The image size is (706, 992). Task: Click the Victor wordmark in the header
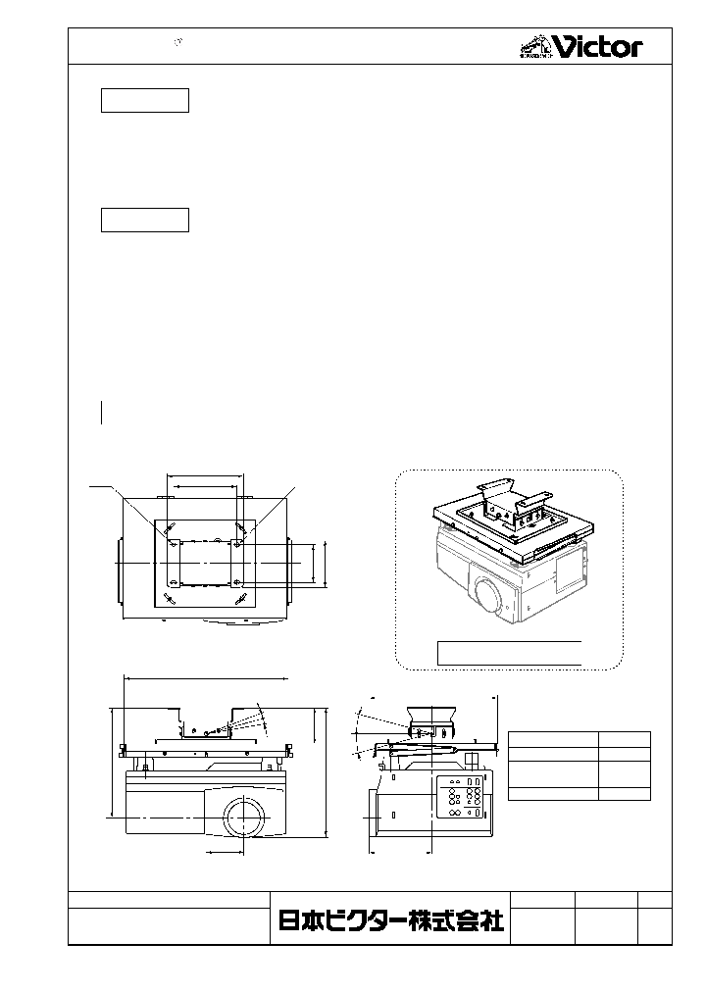[597, 46]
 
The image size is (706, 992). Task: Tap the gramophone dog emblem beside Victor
[533, 45]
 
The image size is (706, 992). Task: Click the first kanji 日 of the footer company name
[290, 921]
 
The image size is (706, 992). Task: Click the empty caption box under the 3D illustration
[509, 653]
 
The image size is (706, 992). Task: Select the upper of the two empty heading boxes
[145, 100]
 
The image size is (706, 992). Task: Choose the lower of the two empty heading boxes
[145, 220]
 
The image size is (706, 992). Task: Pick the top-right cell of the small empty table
[625, 739]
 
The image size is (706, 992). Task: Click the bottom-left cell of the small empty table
[553, 794]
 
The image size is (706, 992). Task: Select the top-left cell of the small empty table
[553, 739]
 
